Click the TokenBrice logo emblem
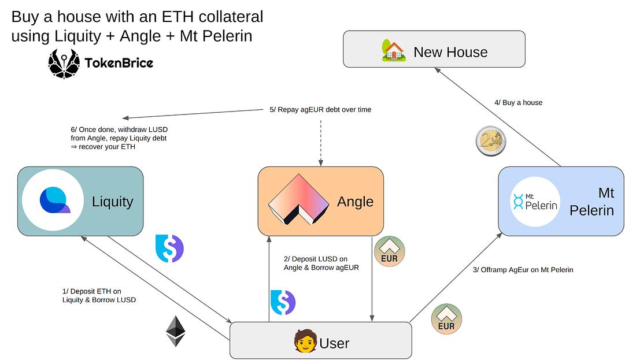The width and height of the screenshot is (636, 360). point(63,63)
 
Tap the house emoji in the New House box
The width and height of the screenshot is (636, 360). point(394,51)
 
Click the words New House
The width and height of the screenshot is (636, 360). point(450,52)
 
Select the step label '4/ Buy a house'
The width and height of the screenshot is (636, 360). point(518,102)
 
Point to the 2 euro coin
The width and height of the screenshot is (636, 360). point(491,141)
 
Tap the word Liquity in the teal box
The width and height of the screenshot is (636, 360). point(112,202)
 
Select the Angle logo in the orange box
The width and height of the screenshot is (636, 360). point(298,200)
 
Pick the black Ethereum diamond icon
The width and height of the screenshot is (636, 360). point(176,331)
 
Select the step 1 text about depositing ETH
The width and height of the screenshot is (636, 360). point(99,295)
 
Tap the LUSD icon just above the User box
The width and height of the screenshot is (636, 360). point(283,303)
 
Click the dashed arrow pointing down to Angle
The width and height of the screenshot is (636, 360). point(320,142)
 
